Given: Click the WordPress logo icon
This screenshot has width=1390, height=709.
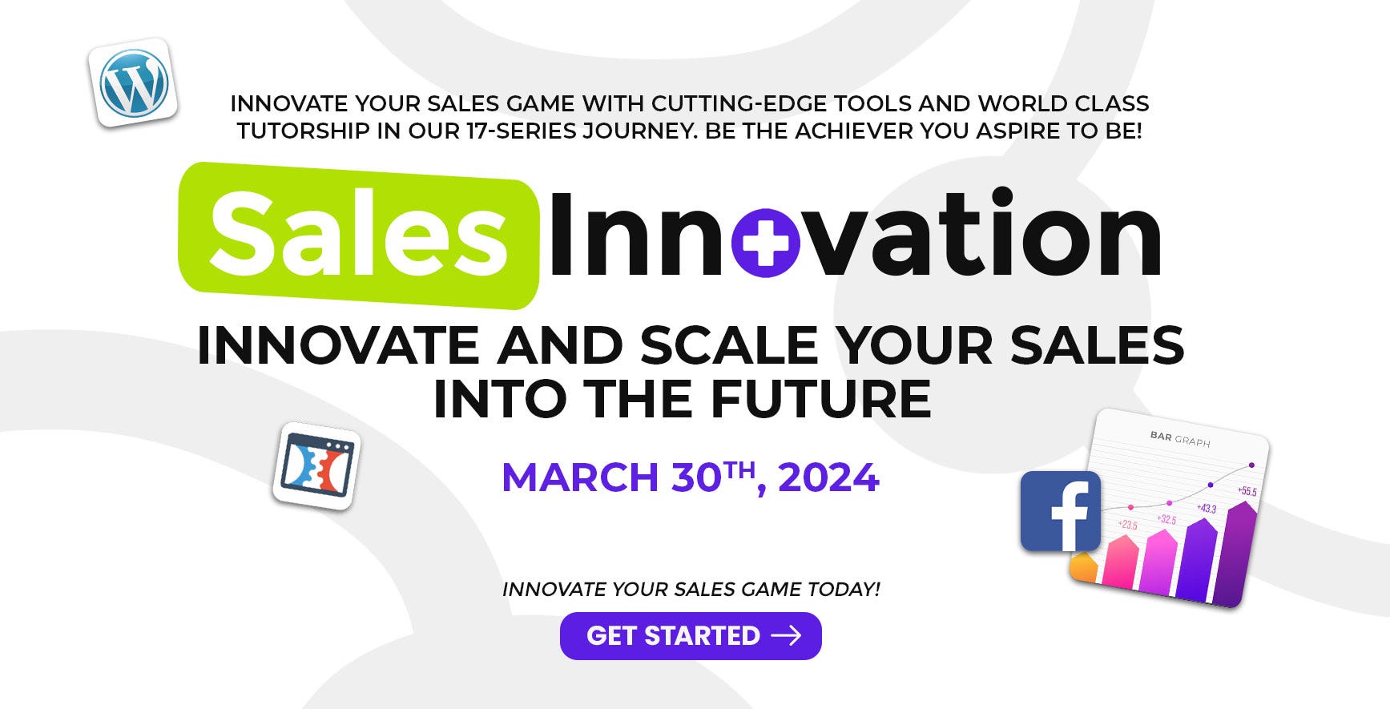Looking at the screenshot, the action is point(133,83).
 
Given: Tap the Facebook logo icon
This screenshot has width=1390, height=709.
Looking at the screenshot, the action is point(1060,511).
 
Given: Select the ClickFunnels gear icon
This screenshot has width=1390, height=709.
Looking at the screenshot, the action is point(316,466).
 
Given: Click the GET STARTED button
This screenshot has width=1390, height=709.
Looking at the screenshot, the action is point(691,636).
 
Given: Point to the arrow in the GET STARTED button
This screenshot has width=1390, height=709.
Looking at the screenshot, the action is point(786,635).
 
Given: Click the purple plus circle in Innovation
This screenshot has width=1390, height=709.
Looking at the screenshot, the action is point(766,244).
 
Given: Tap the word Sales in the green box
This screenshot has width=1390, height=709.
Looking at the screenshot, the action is point(359,234).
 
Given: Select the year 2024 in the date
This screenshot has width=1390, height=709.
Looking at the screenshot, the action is point(828,477).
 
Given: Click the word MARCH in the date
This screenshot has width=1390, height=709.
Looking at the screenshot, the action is point(580,477).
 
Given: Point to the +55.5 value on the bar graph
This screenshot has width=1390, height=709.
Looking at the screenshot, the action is point(1247,491).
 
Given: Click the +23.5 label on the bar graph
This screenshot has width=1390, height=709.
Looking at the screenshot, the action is point(1127,525).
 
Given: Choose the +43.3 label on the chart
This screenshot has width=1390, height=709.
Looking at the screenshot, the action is point(1207,508).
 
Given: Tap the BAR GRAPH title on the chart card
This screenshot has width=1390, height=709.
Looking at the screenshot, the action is point(1180,438).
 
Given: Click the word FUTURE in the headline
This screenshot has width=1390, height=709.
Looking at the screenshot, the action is point(821,399).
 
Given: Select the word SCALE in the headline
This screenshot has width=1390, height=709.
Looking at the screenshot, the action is point(728,345).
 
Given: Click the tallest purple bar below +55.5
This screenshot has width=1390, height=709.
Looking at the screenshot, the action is point(1235,553).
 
